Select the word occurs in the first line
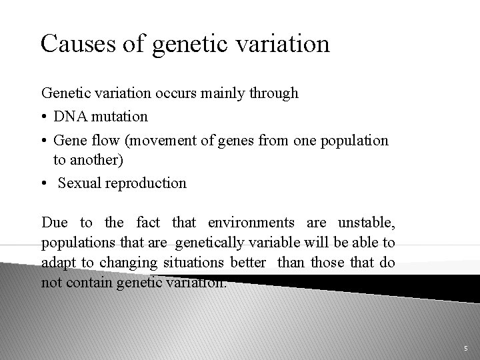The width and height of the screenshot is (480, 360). pos(176,93)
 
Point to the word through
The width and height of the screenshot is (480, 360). pos(273,94)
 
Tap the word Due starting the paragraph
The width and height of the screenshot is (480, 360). pos(54,223)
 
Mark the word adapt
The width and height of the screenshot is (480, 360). pos(57,263)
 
